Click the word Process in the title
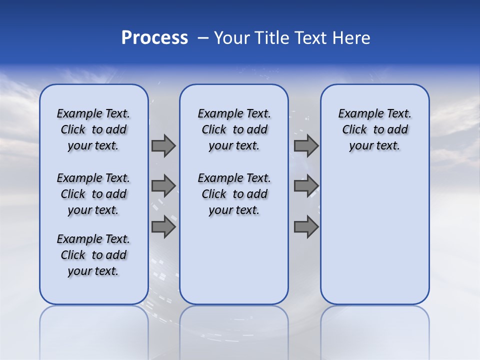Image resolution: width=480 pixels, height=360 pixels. coord(154,38)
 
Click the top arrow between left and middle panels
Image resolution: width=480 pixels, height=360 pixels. coord(163,145)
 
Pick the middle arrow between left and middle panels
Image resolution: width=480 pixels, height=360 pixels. coord(163,186)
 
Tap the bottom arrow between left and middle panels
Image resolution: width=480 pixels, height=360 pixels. coord(163,226)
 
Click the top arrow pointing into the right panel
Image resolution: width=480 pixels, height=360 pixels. coord(306,145)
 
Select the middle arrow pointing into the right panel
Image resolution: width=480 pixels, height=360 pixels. coord(306,186)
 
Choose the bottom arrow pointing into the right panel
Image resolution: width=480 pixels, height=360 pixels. coord(306,226)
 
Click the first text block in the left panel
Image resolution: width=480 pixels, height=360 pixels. coord(93,129)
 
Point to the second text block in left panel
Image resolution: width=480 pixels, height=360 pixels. coord(93,194)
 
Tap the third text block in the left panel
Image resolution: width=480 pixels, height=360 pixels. coord(93,255)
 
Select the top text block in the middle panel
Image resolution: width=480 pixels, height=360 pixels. coord(234,129)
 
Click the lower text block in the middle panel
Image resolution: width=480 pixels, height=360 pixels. coord(234,194)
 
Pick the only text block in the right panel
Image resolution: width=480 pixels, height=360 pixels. coord(374,129)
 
